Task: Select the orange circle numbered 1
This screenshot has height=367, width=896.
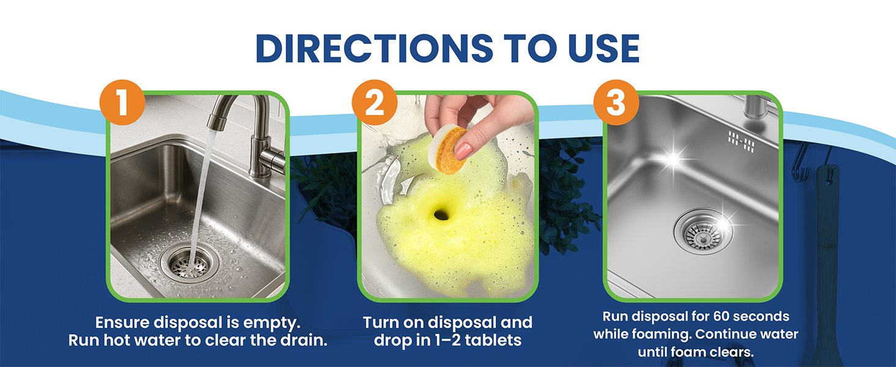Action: pyautogui.click(x=122, y=102)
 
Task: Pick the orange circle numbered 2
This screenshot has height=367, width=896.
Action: pyautogui.click(x=374, y=102)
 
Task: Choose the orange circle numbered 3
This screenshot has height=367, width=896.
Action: pyautogui.click(x=616, y=102)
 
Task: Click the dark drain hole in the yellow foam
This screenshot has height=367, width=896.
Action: pyautogui.click(x=442, y=213)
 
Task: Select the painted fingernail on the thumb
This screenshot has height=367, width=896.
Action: pyautogui.click(x=463, y=149)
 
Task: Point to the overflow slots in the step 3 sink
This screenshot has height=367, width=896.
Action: pyautogui.click(x=741, y=140)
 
